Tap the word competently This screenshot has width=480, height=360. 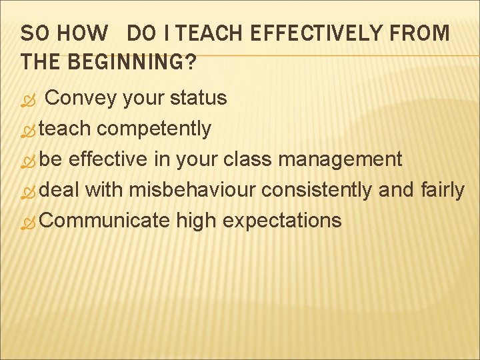coord(154,129)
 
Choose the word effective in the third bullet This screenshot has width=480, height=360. coord(107,159)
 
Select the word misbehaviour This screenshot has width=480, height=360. coord(192,190)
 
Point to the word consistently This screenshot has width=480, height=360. coord(316,190)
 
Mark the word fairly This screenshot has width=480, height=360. coord(442,190)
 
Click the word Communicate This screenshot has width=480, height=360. coord(105,220)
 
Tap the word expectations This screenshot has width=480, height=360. coord(282,221)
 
